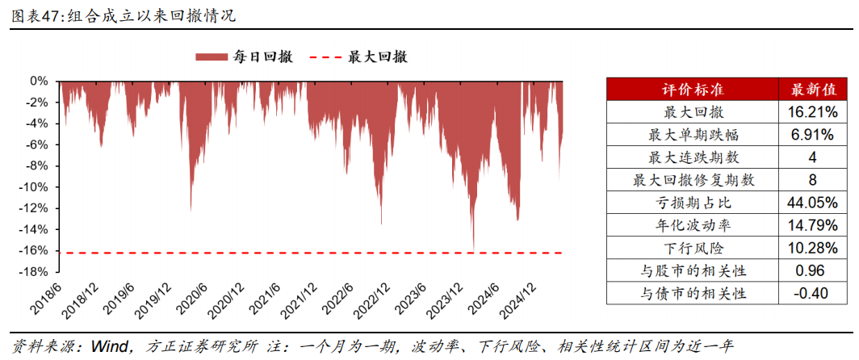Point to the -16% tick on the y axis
pyautogui.click(x=37, y=249)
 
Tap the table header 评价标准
pyautogui.click(x=691, y=89)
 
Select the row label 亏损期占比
pyautogui.click(x=691, y=202)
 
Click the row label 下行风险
pyautogui.click(x=691, y=247)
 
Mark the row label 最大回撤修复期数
pyautogui.click(x=691, y=179)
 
